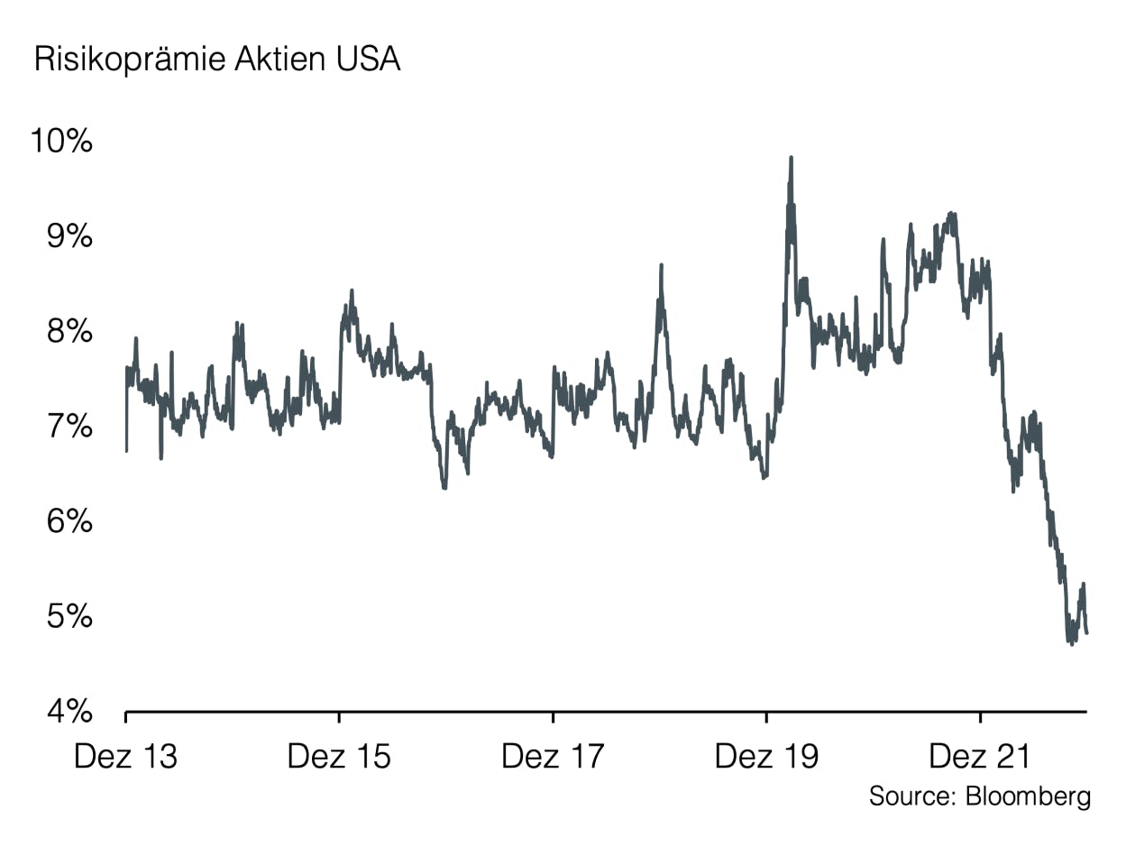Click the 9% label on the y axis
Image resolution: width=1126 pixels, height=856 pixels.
click(x=69, y=236)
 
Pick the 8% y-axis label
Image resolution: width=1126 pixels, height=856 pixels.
click(x=69, y=331)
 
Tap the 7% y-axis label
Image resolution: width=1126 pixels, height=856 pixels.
click(x=69, y=427)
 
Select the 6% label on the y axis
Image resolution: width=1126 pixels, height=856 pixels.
click(x=69, y=521)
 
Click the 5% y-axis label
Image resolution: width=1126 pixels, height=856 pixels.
click(x=69, y=617)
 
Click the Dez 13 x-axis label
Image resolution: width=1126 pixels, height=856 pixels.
click(x=125, y=756)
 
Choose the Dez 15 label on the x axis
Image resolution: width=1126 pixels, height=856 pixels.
click(x=339, y=756)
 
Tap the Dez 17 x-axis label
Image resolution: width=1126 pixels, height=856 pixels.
click(x=553, y=756)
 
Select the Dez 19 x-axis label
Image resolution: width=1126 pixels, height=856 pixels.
click(x=766, y=756)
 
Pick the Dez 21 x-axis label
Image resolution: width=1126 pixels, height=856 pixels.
click(x=980, y=756)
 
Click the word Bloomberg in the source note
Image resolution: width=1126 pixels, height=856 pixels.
click(x=1029, y=796)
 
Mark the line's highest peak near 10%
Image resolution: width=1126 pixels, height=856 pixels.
click(x=791, y=158)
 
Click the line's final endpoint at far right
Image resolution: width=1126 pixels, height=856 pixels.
click(x=1086, y=633)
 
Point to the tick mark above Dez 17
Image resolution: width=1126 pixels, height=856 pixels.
click(x=553, y=718)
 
